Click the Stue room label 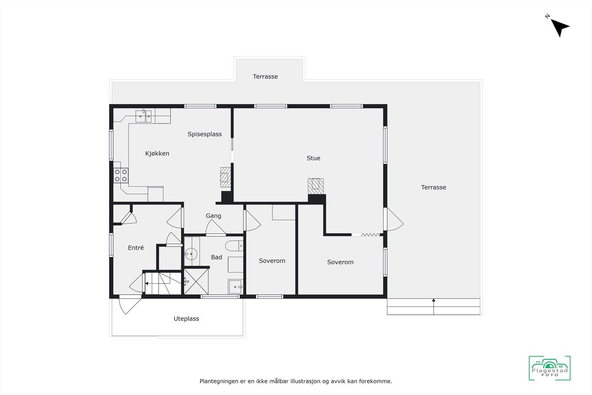pyautogui.click(x=313, y=158)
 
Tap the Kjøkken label pyautogui.click(x=157, y=153)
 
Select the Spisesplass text pyautogui.click(x=205, y=134)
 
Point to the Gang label pyautogui.click(x=213, y=216)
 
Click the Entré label pyautogui.click(x=136, y=248)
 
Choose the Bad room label pyautogui.click(x=216, y=257)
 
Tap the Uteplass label pyautogui.click(x=186, y=319)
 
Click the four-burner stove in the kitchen pyautogui.click(x=121, y=175)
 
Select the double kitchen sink pyautogui.click(x=143, y=116)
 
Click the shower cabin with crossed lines pyautogui.click(x=196, y=282)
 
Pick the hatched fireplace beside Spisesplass pyautogui.click(x=225, y=177)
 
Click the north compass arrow pyautogui.click(x=559, y=27)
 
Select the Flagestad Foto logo pyautogui.click(x=549, y=368)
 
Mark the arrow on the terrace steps pyautogui.click(x=434, y=301)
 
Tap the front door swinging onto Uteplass pyautogui.click(x=128, y=305)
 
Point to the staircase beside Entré pyautogui.click(x=163, y=284)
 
